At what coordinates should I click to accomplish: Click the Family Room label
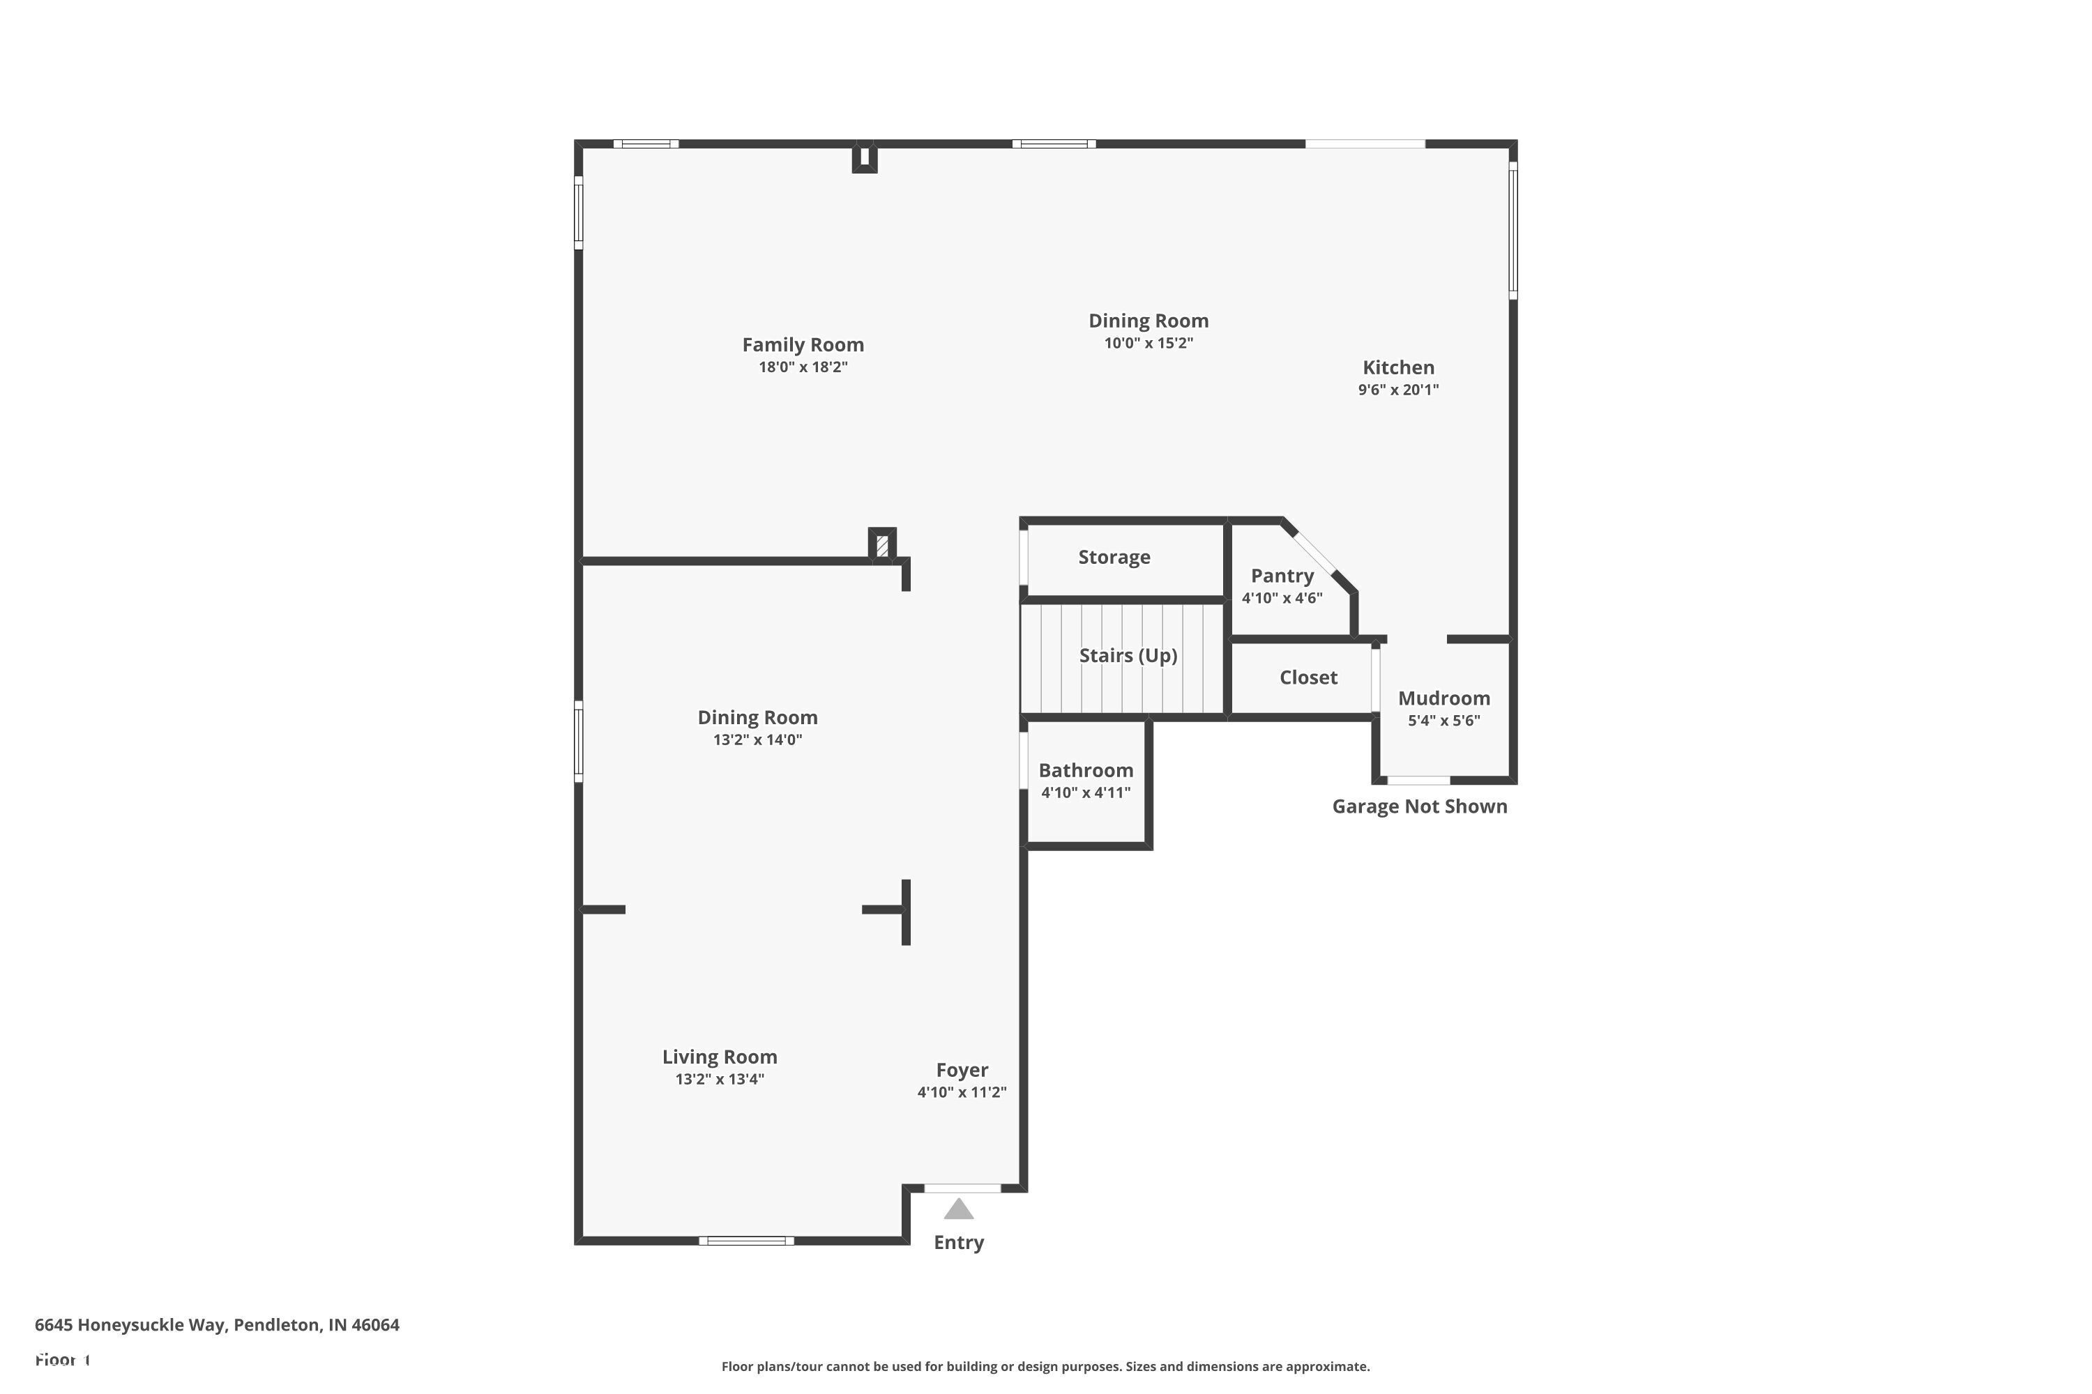(x=803, y=345)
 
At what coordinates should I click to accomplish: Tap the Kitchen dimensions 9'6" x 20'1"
(x=1397, y=390)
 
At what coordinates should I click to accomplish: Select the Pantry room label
(x=1282, y=576)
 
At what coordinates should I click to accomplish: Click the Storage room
(x=1114, y=558)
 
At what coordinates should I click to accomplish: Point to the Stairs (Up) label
(x=1128, y=656)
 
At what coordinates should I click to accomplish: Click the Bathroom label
(x=1085, y=771)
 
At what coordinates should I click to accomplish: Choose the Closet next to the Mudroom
(x=1307, y=677)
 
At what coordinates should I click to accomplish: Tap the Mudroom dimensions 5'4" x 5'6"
(x=1443, y=721)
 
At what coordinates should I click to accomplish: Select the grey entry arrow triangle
(x=958, y=1210)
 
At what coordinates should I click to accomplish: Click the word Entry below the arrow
(x=958, y=1243)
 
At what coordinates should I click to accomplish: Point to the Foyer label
(x=962, y=1071)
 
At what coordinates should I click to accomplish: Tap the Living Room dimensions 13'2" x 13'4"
(x=719, y=1079)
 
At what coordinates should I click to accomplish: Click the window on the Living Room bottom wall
(x=745, y=1240)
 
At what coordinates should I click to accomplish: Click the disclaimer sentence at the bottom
(x=1045, y=1366)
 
